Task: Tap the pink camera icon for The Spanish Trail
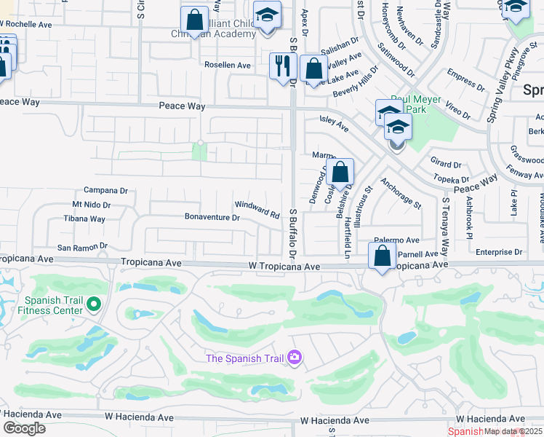[295, 358]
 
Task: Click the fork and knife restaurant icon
[281, 66]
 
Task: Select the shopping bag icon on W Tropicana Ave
[382, 256]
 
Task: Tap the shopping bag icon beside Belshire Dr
[339, 173]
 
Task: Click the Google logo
[25, 428]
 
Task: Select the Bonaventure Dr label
[212, 218]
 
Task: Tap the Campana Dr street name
[105, 191]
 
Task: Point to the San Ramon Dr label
[82, 247]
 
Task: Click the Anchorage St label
[400, 194]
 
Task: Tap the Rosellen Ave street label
[227, 66]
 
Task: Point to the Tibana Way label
[84, 219]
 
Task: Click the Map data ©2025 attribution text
[513, 431]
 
